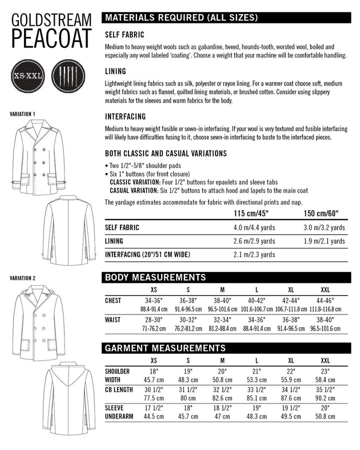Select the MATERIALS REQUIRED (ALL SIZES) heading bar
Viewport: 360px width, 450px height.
(180, 18)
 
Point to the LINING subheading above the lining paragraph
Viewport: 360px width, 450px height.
(115, 71)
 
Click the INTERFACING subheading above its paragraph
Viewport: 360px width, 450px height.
(125, 116)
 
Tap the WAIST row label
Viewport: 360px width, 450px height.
(113, 318)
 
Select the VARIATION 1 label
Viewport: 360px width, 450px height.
(22, 114)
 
